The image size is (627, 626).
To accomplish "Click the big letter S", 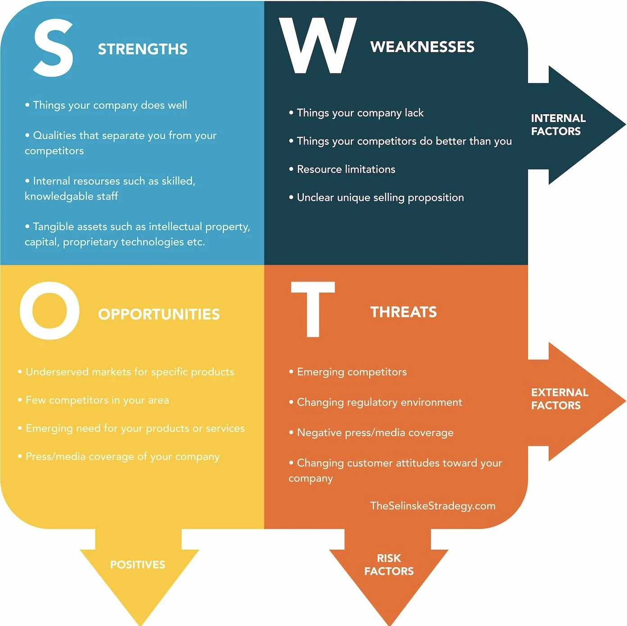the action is [x=53, y=48].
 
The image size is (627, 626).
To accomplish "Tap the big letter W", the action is [x=318, y=46].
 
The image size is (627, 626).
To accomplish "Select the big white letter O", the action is [x=50, y=311].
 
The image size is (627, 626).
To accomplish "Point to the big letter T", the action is [x=313, y=309].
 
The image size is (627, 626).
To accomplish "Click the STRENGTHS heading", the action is [x=142, y=49].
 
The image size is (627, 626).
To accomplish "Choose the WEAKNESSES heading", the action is [x=422, y=47].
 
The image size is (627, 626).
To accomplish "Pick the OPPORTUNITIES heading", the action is [x=159, y=314].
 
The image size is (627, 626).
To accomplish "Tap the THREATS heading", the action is [x=403, y=312].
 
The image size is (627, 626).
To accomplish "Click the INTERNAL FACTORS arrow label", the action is [x=558, y=125].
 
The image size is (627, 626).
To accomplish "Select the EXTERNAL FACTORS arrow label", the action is [x=559, y=399].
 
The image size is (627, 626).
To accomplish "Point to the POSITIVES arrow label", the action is [x=137, y=565].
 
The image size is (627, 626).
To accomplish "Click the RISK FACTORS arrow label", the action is [x=389, y=565].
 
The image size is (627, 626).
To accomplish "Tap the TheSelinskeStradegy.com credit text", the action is [x=432, y=506].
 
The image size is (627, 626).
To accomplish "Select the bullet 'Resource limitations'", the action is [x=345, y=169].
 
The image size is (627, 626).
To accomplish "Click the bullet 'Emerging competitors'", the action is [x=351, y=372].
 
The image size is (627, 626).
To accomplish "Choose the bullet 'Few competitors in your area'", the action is [x=97, y=400].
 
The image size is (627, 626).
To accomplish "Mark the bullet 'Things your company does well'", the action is [x=109, y=105].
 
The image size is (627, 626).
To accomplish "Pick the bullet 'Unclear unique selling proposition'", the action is [x=380, y=197].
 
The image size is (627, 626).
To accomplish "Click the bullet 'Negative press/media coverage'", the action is [x=375, y=433].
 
